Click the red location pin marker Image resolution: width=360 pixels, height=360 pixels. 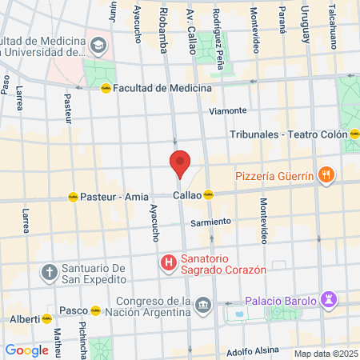pos(180,163)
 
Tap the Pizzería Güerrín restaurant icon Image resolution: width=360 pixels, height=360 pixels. pos(326,176)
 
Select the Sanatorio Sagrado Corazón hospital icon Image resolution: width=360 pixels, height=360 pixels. pos(169,262)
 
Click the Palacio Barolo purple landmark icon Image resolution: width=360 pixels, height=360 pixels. pos(328,299)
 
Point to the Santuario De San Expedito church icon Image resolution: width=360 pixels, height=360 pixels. pos(49,271)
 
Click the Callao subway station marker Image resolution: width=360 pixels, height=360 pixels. pos(209,194)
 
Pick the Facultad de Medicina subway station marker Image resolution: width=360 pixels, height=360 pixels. pos(106,88)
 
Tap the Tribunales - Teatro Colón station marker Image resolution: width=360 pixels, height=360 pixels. pos(354,135)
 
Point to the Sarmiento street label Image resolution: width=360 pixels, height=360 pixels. pos(212,221)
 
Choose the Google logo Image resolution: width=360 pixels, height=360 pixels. pos(26,350)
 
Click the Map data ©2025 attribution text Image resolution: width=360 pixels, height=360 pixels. pos(325,354)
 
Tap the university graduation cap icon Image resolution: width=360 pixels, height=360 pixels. pos(98,45)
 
